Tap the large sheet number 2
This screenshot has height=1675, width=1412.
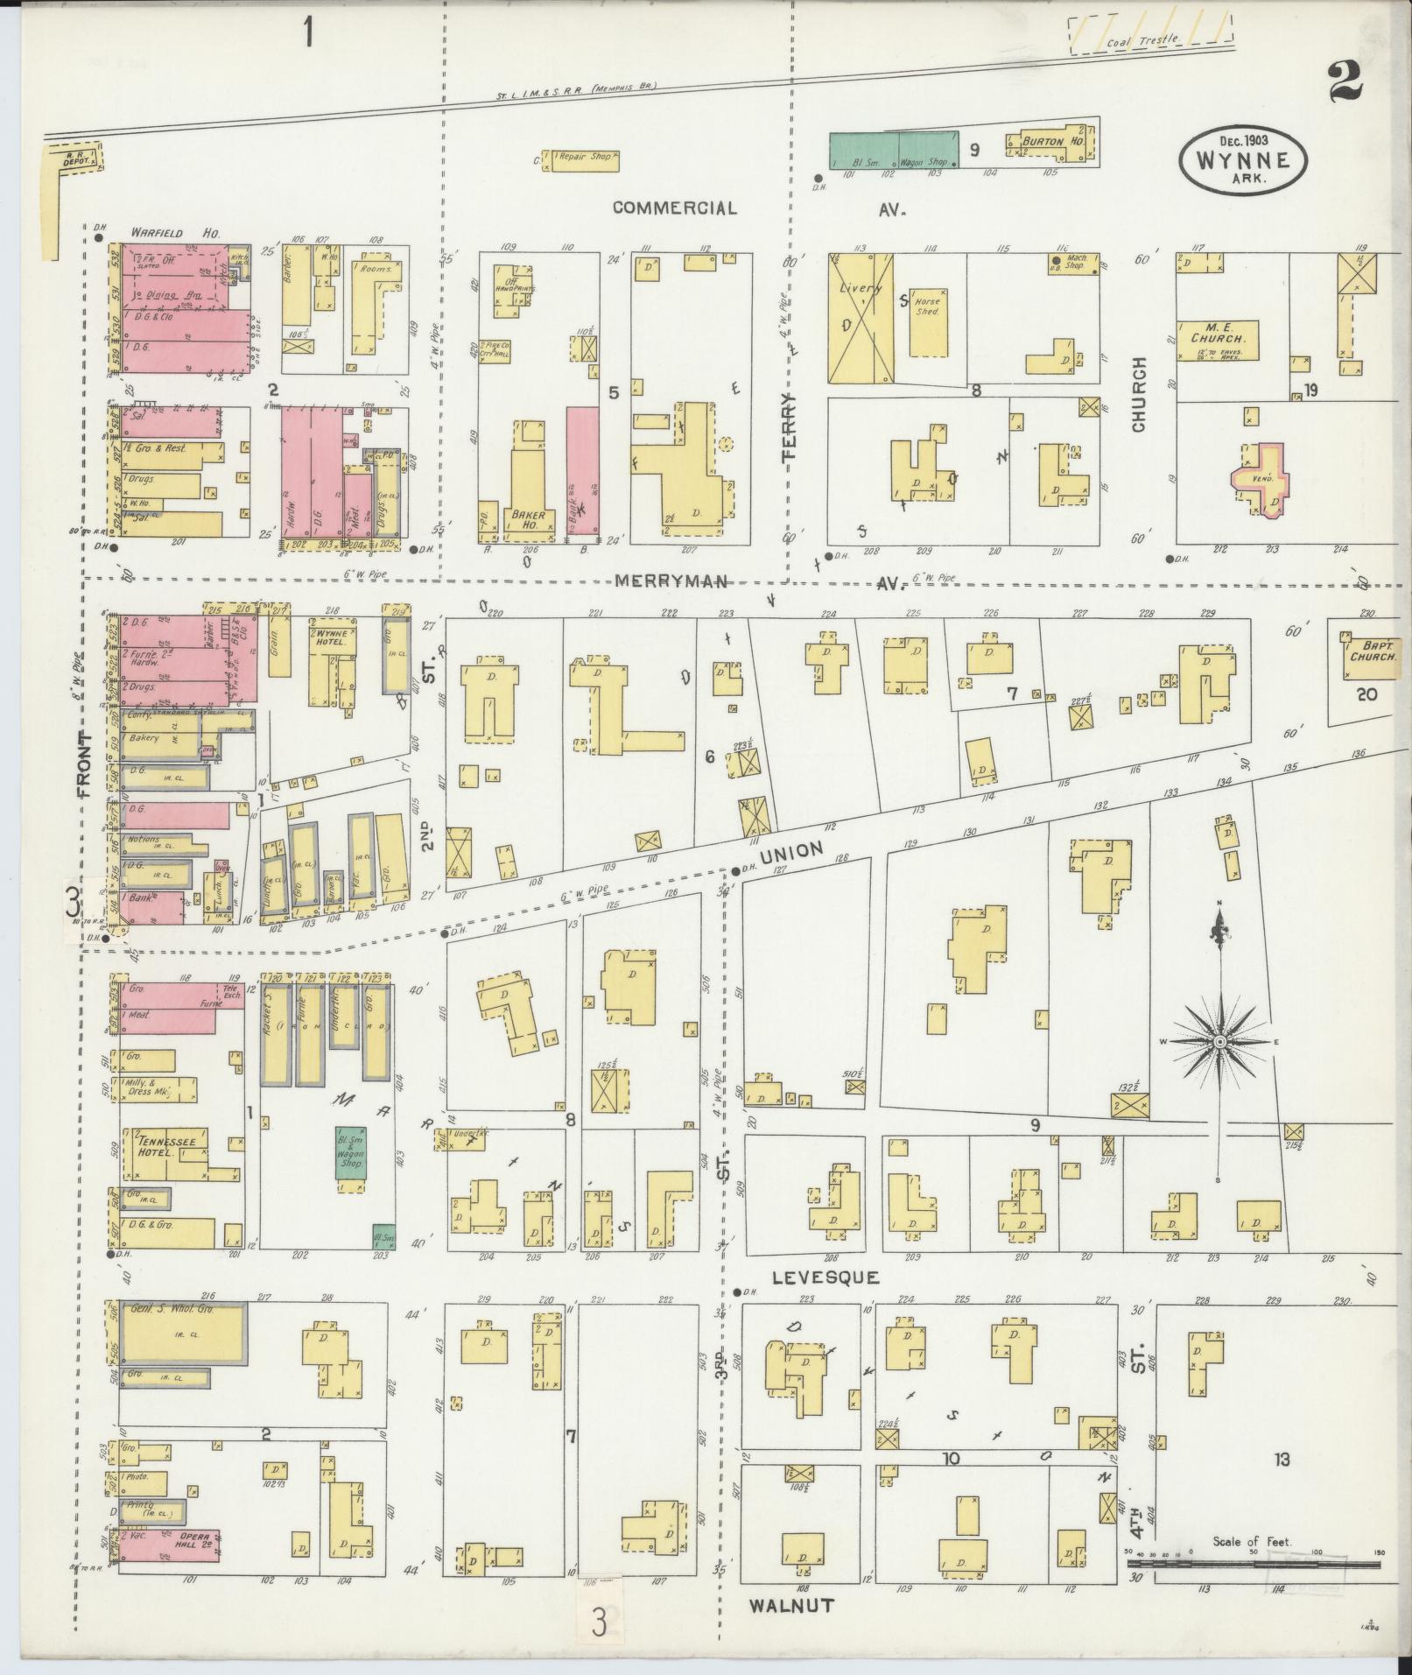(x=1345, y=83)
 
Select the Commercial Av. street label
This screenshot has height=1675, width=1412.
(x=674, y=208)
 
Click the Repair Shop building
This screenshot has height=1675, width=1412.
(x=582, y=160)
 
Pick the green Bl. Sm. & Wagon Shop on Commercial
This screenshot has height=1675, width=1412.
(x=893, y=150)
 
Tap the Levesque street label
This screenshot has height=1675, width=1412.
(x=825, y=1277)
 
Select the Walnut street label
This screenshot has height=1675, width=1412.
(x=790, y=1605)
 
